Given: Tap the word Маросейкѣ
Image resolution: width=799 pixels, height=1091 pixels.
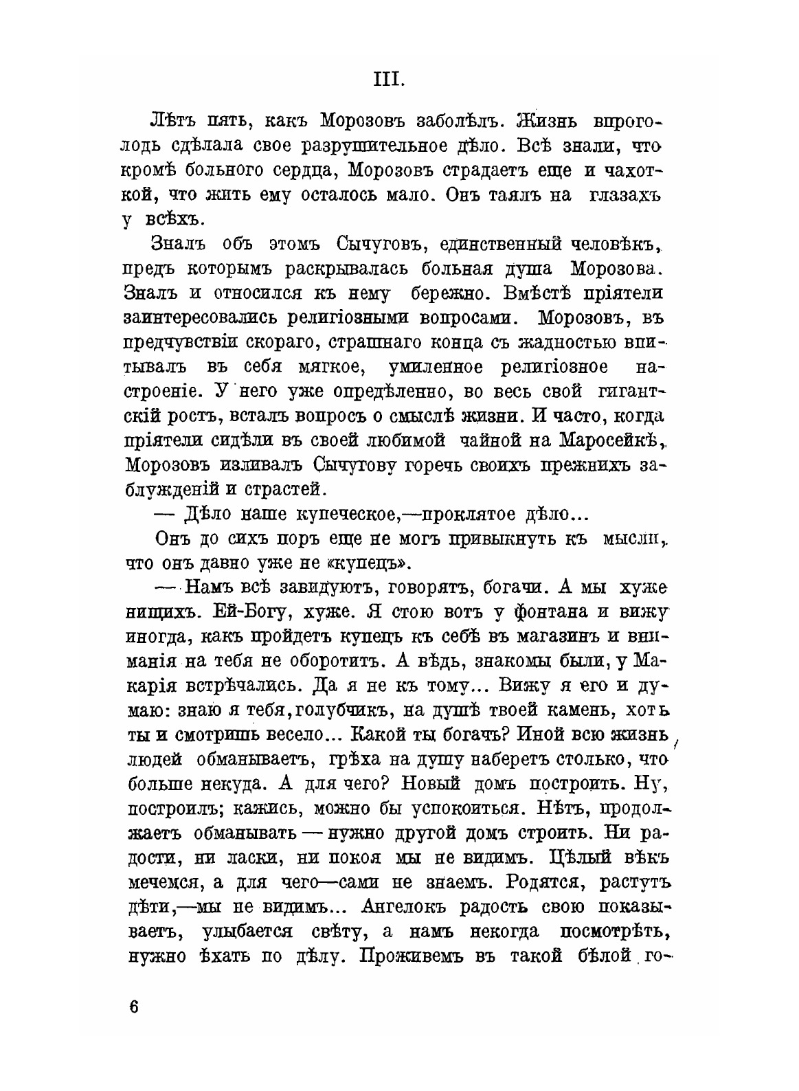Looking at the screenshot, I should [610, 439].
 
